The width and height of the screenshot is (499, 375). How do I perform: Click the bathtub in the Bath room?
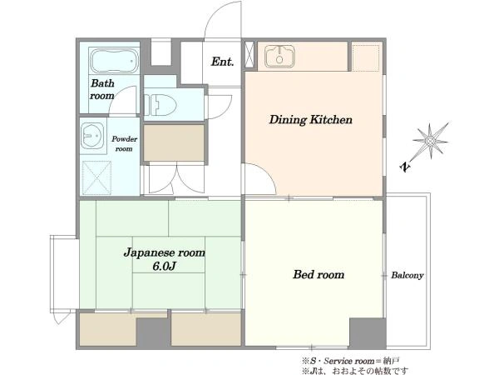coord(115,61)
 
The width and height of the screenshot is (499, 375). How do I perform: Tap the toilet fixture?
coord(161,105)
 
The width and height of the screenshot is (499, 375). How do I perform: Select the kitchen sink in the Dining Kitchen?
coord(279,57)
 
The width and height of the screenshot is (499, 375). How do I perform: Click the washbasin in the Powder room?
coord(92,136)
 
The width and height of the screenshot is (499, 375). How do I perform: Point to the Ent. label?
coord(222,62)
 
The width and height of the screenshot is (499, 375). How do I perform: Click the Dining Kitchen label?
coord(310,120)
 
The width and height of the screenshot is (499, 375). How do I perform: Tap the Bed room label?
coord(319,274)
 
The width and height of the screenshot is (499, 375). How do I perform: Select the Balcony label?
coord(408,275)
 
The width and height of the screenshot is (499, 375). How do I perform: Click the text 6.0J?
coord(164,267)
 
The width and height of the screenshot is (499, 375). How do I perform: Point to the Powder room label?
coord(124,144)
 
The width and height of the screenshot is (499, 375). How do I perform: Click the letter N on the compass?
coord(404,167)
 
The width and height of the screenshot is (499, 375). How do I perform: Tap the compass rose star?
coord(430,141)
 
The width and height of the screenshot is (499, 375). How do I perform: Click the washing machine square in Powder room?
coord(96,177)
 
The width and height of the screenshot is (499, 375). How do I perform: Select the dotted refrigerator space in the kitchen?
coord(366,58)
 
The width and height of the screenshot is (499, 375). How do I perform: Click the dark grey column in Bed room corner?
coord(368,332)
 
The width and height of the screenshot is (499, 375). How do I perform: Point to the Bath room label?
coord(102,90)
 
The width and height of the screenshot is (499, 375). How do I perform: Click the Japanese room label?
coord(164,252)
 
